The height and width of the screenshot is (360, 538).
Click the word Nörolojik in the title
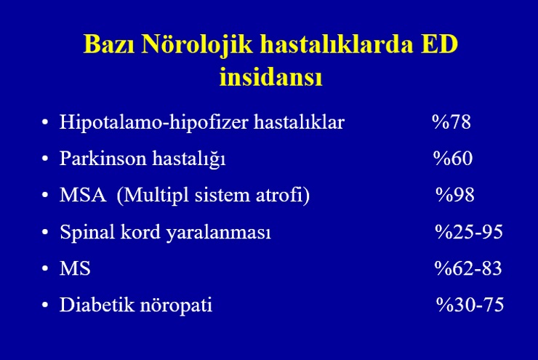[x=197, y=45]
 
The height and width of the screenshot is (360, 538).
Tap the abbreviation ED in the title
[x=439, y=44]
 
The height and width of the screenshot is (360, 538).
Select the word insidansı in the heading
[x=270, y=76]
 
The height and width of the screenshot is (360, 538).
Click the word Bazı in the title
[x=109, y=44]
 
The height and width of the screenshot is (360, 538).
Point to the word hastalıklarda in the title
[x=337, y=44]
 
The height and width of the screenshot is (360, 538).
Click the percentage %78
[x=451, y=122]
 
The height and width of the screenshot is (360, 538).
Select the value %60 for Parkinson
[x=453, y=159]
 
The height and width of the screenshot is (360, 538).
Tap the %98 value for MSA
[x=455, y=195]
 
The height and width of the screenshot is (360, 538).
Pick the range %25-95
[x=469, y=232]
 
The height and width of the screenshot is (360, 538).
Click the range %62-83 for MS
[x=468, y=268]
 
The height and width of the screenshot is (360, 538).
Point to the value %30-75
[x=470, y=305]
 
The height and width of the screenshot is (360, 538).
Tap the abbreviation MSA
[x=83, y=195]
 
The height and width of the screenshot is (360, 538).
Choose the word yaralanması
[x=219, y=233]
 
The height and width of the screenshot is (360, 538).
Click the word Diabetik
[x=97, y=305]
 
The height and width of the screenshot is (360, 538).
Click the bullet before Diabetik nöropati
[x=45, y=305]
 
